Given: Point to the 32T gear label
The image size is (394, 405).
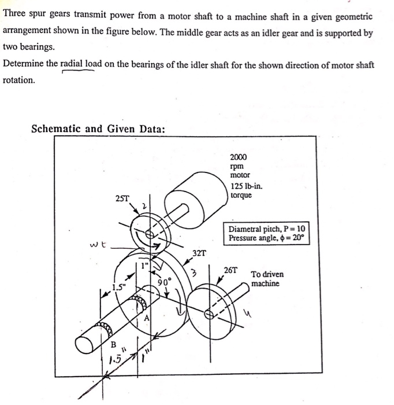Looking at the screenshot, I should point(199,252).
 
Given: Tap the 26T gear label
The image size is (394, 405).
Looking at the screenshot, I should point(231,270).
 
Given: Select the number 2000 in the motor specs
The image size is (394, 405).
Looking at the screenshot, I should point(238,157).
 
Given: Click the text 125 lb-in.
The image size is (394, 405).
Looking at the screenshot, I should point(246,186).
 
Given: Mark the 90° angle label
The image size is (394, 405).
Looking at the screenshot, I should point(164,282).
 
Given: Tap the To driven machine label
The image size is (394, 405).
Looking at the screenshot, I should point(267,279).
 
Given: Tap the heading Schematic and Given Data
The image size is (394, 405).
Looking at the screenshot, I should point(98,128).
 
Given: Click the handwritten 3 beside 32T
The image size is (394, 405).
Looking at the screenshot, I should point(195,273).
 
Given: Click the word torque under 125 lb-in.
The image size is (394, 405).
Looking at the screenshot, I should point(241,196).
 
